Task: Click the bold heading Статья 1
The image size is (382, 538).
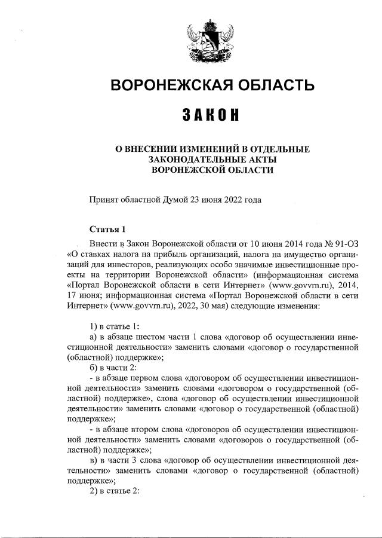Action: point(108,229)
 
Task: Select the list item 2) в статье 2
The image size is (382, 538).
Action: point(114,496)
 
